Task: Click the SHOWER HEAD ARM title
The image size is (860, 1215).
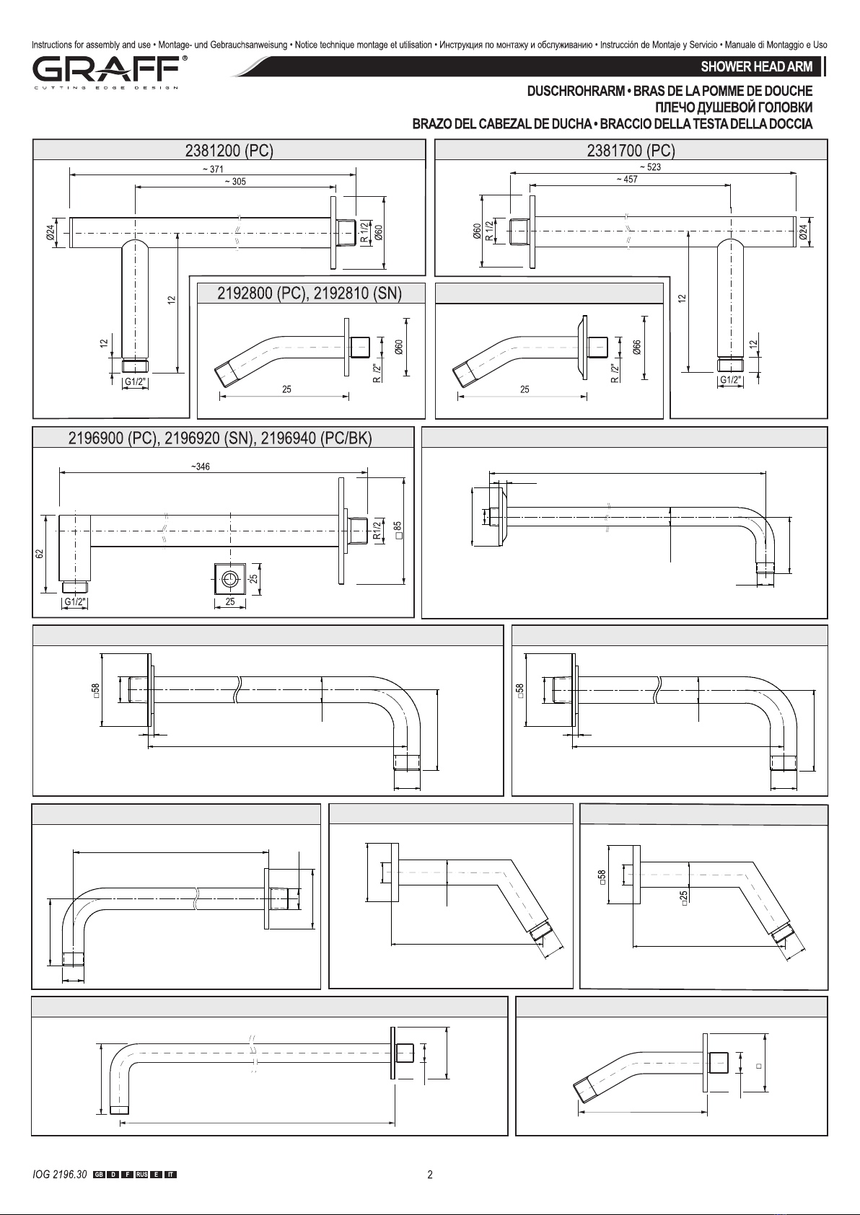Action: click(x=756, y=67)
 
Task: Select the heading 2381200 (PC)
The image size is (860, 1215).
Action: click(x=229, y=150)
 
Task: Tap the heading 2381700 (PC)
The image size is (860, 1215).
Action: click(x=631, y=150)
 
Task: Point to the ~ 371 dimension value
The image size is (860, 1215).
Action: click(x=213, y=169)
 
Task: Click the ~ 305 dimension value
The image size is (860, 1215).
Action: click(x=235, y=182)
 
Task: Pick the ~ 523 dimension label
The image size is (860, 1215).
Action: click(x=650, y=167)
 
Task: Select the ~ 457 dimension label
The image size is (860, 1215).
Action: click(x=627, y=180)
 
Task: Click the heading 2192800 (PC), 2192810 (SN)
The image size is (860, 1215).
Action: click(x=310, y=293)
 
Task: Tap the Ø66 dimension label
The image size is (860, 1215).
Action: click(x=637, y=347)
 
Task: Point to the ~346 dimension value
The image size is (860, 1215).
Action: click(x=201, y=467)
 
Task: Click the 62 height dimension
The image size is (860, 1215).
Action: click(x=39, y=554)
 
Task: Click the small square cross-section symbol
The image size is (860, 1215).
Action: click(x=230, y=579)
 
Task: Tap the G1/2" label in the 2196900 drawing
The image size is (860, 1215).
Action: click(x=75, y=601)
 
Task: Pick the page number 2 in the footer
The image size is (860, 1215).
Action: click(x=430, y=1175)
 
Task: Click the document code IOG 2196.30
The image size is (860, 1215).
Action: click(x=60, y=1175)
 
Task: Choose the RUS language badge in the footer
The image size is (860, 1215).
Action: click(x=141, y=1175)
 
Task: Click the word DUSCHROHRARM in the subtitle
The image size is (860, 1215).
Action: click(x=576, y=91)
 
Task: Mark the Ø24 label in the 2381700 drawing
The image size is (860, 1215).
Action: click(x=803, y=232)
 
